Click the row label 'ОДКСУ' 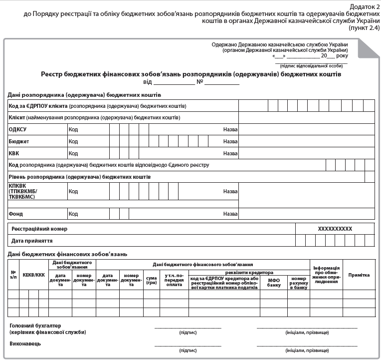17,129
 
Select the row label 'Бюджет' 19,141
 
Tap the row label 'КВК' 14,153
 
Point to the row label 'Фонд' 15,214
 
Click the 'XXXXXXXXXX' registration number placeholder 335,229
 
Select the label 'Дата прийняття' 32,241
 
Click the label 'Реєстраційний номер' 39,229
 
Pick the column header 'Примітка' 359,275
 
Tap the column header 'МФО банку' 274,283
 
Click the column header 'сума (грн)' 151,280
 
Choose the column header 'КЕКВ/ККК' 33,275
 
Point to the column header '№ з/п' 13,275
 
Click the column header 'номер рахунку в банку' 298,283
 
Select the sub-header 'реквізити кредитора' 249,273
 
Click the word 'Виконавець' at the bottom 25,344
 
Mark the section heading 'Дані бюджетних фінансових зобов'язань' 67,254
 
